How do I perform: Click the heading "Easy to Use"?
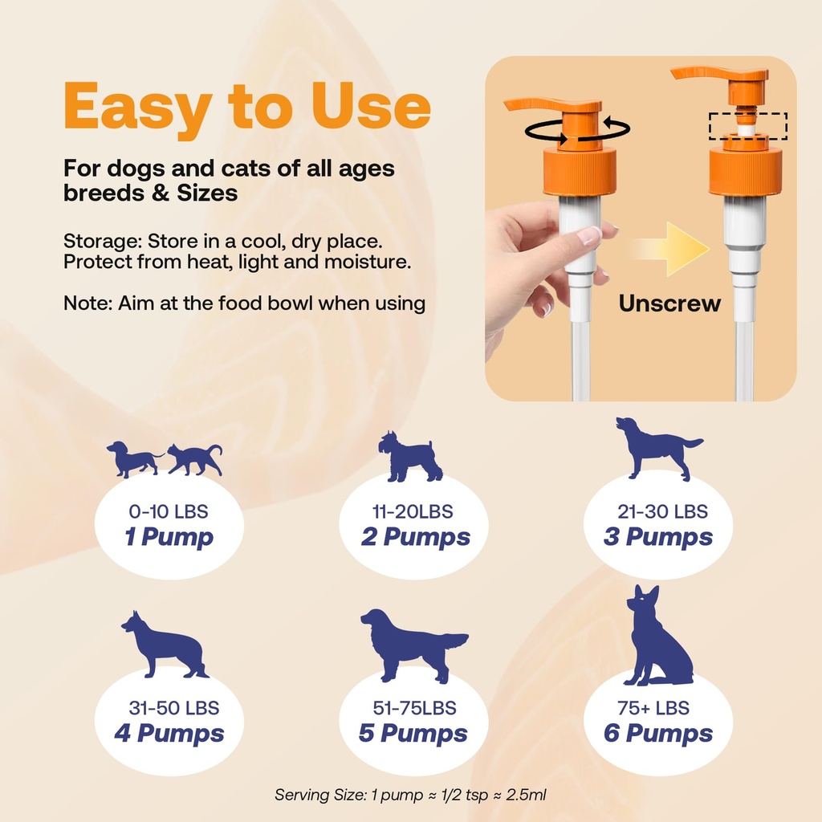[x=247, y=108]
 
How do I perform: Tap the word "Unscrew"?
[x=669, y=303]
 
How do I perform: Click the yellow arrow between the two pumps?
[x=668, y=250]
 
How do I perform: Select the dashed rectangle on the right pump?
[x=747, y=126]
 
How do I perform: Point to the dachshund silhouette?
[x=133, y=459]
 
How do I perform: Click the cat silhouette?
[x=195, y=459]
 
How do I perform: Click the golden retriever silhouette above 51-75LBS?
[x=411, y=642]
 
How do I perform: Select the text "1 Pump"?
[x=169, y=537]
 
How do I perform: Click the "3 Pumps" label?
[x=657, y=537]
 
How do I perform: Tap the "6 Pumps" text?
[x=657, y=733]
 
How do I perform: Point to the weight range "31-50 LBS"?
[x=174, y=708]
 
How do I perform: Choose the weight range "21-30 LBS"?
[x=662, y=511]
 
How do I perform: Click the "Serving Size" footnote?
[x=410, y=795]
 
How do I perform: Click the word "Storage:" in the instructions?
[x=104, y=242]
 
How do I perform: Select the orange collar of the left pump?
[x=579, y=171]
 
